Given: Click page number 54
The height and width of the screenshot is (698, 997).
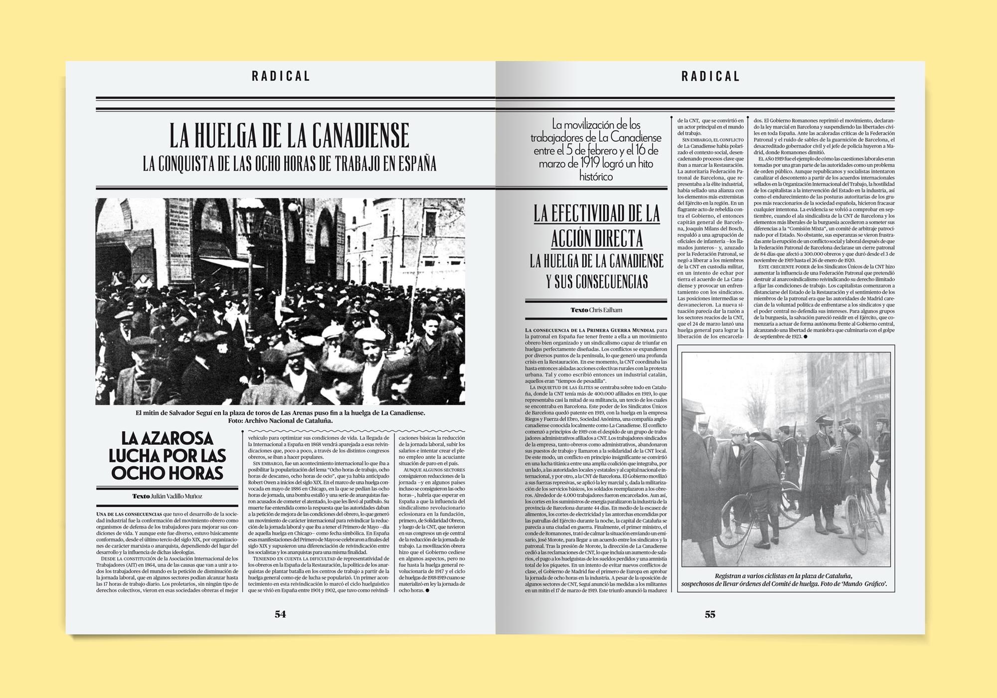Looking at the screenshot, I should pyautogui.click(x=280, y=614).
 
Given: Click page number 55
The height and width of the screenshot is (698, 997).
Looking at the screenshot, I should pyautogui.click(x=710, y=614).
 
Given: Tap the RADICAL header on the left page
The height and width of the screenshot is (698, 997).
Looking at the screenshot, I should pyautogui.click(x=281, y=76).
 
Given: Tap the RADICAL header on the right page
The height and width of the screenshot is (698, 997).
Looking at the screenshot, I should pyautogui.click(x=710, y=76).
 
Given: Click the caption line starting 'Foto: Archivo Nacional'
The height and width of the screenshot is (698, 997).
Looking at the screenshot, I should pyautogui.click(x=280, y=420).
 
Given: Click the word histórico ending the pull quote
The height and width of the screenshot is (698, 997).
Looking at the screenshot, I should pyautogui.click(x=596, y=176).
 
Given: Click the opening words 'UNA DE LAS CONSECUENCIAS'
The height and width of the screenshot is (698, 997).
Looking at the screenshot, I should pyautogui.click(x=129, y=514).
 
